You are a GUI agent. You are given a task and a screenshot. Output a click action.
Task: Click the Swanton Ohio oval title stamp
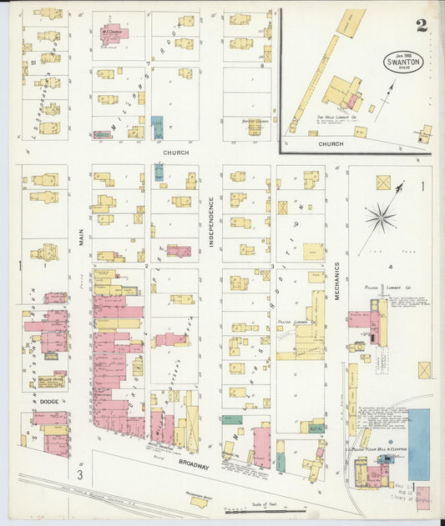[x=403, y=62]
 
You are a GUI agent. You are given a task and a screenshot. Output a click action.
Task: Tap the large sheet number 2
[x=422, y=25]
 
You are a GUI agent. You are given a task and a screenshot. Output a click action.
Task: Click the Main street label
[x=82, y=238]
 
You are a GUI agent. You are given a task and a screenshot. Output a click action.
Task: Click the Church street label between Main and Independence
[x=175, y=153]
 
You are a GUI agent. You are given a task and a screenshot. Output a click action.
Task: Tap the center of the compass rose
[x=380, y=219]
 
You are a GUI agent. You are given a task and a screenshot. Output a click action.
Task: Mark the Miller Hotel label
[x=50, y=379]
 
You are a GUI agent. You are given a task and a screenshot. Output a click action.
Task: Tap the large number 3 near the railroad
[x=81, y=475]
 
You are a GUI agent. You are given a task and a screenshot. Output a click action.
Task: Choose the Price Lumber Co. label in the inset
[x=336, y=118]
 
